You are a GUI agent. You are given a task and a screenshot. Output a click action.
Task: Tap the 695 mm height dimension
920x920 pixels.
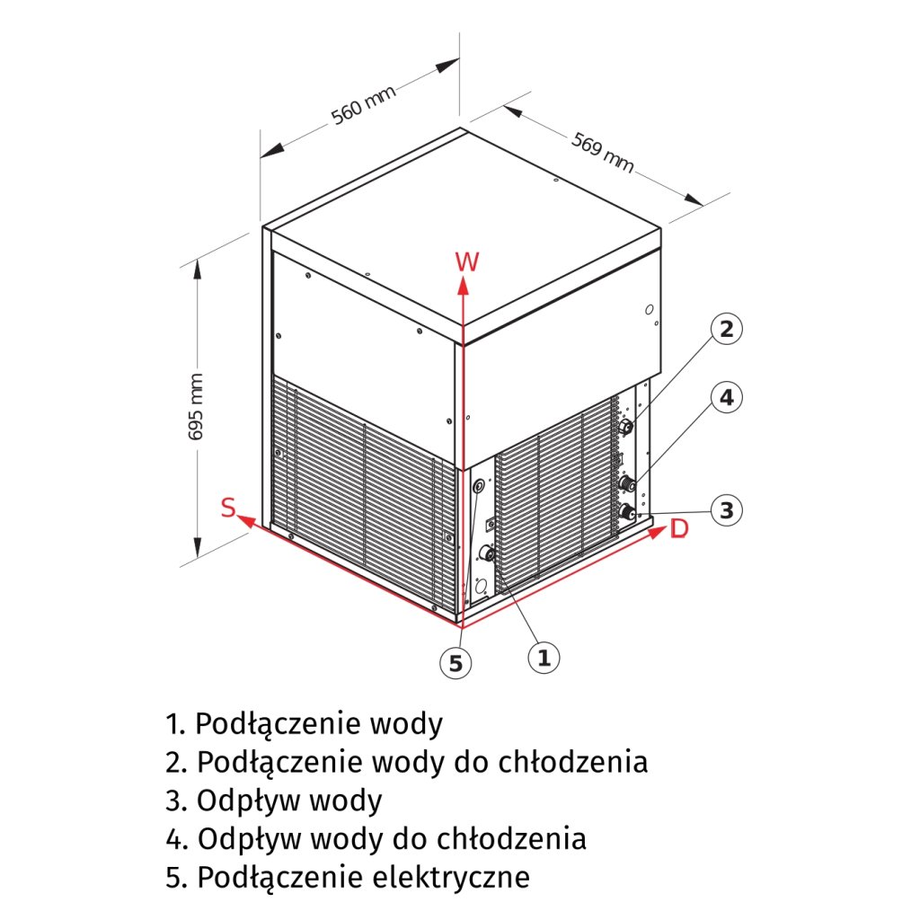197,406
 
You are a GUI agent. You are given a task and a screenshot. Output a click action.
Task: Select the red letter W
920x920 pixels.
466,261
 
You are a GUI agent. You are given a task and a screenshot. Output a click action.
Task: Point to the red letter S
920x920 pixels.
229,509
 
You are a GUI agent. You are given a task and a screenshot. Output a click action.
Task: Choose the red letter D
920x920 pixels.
679,529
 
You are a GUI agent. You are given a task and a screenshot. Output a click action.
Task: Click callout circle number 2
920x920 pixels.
727,329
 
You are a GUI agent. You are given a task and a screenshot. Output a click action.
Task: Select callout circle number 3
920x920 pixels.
727,510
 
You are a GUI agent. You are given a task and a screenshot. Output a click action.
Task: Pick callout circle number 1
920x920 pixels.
543,657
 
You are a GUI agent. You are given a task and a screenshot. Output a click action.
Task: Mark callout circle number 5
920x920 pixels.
456,663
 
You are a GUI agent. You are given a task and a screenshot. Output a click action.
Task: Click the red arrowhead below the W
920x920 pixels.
462,286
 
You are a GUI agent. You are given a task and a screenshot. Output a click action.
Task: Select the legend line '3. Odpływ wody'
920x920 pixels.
274,800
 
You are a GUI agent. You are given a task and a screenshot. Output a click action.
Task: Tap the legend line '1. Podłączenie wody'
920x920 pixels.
304,723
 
